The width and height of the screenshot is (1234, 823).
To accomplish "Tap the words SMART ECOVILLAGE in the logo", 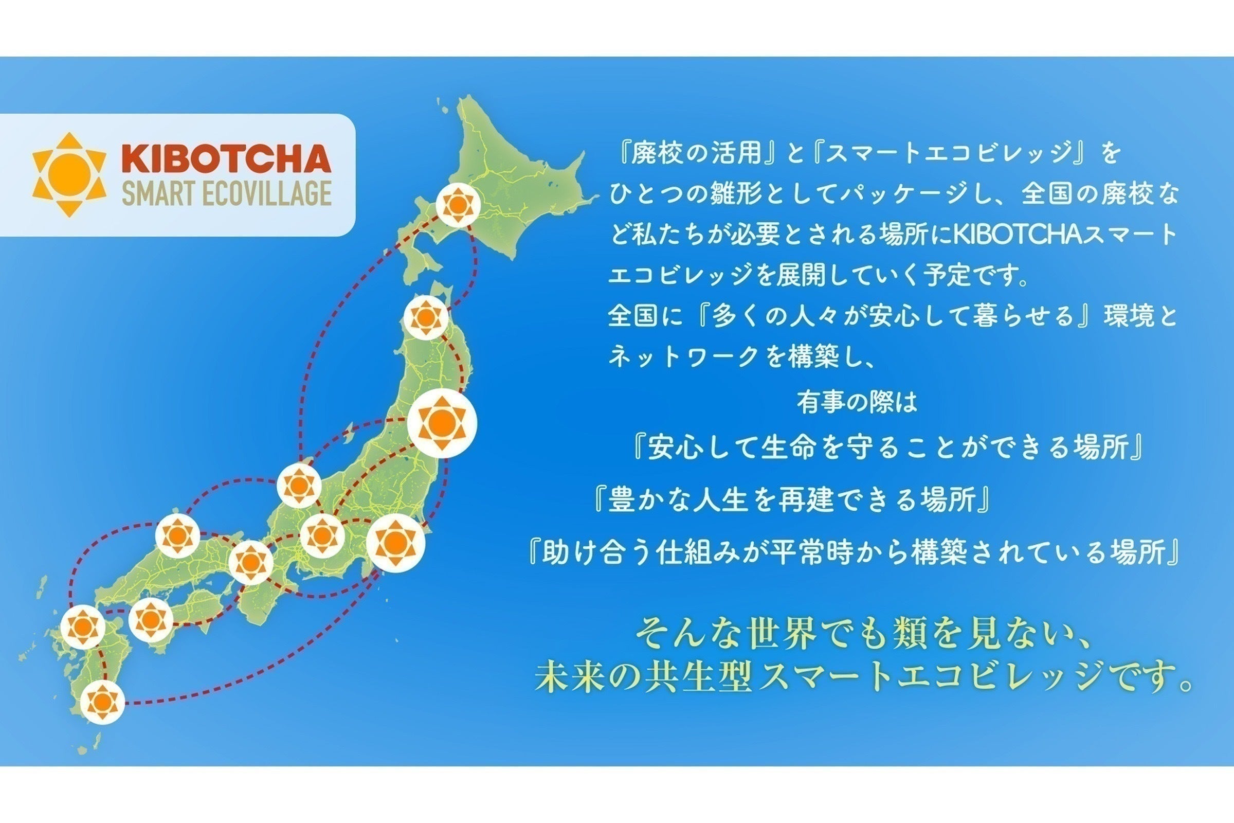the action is coord(227,193).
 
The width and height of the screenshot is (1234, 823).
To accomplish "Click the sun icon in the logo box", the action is coord(69,174).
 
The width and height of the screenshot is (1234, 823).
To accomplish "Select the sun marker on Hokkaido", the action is coord(458,205).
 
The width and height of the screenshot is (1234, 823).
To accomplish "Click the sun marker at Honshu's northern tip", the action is coord(426,317).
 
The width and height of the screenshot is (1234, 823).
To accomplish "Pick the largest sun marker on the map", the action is coord(442,422).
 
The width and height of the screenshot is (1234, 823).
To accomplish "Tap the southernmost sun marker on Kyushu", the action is coord(103,702).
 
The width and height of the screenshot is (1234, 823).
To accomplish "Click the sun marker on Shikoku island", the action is coord(151,620).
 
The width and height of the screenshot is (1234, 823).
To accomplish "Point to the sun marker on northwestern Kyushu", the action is coord(83,627).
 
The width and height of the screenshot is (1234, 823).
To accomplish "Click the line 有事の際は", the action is coord(857,403).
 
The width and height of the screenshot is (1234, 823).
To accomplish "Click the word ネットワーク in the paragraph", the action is coord(684,358).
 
